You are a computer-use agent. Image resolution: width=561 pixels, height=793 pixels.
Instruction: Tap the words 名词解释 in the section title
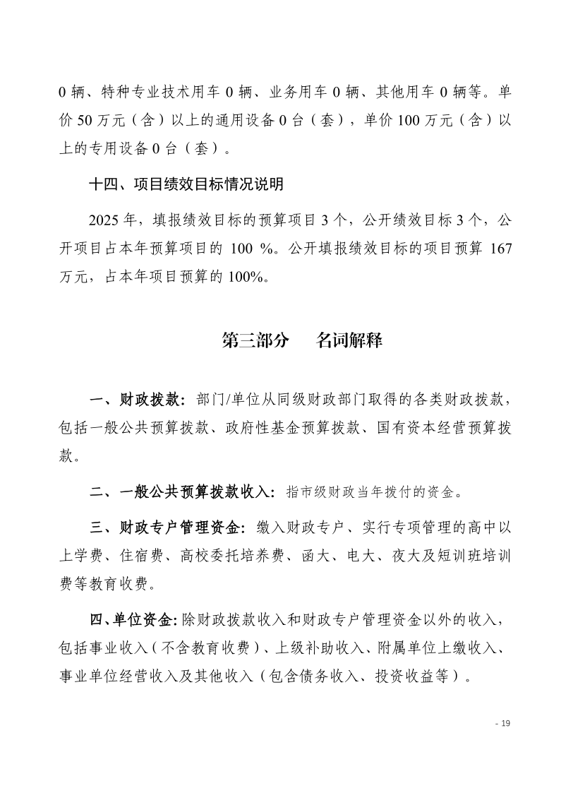coord(349,340)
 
